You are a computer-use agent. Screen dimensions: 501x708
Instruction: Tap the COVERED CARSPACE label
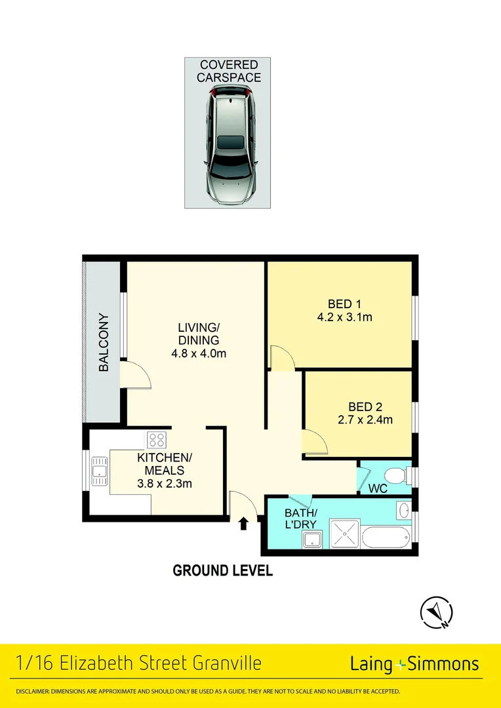point(229,71)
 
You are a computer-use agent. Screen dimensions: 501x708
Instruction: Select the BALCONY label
point(104,342)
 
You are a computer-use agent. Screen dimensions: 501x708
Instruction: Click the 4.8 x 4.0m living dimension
point(198,353)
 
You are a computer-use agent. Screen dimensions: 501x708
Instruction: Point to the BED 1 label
point(344,304)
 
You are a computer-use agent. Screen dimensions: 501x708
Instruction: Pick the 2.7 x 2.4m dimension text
point(365,420)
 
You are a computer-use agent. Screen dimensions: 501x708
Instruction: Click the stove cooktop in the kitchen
point(157,440)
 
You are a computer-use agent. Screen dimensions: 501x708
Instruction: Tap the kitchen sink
point(100,471)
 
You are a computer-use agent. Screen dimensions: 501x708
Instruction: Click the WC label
point(378,489)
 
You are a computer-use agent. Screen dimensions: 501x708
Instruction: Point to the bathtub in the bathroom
point(386,536)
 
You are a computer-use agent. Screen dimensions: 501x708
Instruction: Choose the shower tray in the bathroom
point(345,534)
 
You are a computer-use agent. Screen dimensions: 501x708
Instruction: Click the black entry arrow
point(243,523)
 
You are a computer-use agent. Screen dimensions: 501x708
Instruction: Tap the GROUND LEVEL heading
point(223,570)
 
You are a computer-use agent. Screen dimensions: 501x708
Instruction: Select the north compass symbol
point(436,613)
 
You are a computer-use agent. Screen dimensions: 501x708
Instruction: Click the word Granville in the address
point(227,663)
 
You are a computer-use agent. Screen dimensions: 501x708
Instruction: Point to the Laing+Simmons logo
point(414,664)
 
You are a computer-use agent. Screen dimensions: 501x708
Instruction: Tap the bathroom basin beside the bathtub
point(403,511)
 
